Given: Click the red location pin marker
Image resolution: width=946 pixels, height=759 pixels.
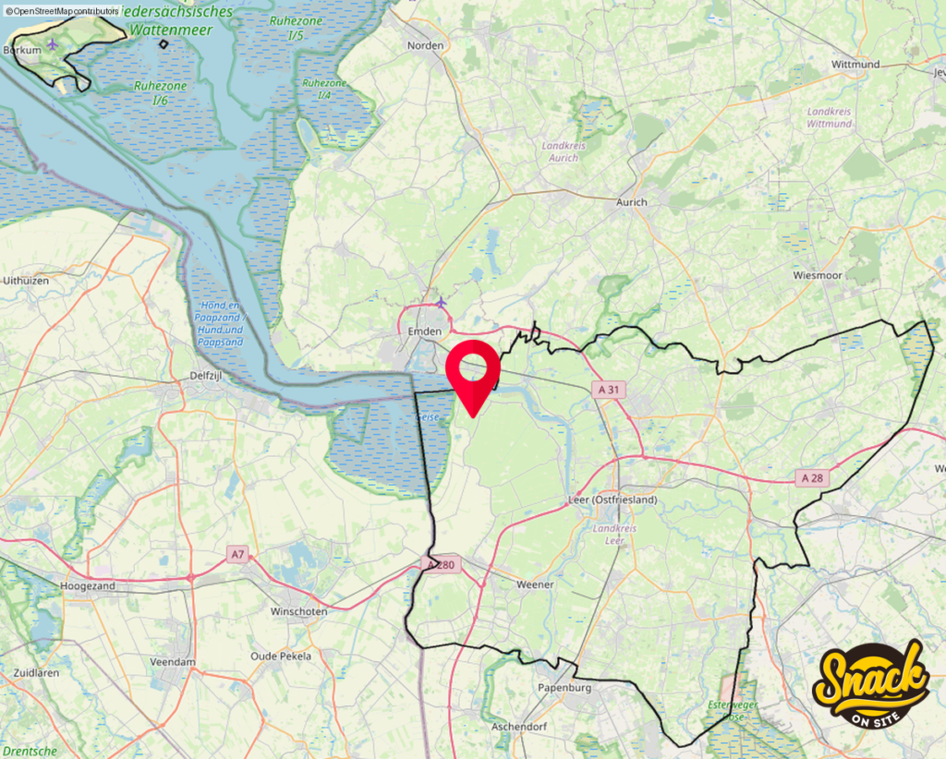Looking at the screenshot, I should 472,369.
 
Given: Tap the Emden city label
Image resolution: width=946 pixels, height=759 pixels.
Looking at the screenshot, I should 425,331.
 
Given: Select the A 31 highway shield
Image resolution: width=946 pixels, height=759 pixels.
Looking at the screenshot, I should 608,390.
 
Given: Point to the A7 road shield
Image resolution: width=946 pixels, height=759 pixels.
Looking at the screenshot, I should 238,554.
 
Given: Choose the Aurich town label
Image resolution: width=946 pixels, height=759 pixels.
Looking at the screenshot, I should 632,202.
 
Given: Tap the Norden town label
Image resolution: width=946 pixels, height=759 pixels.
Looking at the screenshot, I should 426,45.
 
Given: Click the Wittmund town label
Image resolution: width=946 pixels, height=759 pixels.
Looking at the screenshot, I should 855,66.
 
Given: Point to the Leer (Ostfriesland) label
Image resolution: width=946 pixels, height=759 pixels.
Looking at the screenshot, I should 612,500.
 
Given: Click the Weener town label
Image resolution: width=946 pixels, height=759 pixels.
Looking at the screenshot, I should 535,584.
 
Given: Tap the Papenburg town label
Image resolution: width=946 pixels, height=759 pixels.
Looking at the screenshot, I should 564,688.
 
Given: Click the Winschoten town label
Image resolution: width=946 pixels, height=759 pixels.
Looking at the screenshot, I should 298,612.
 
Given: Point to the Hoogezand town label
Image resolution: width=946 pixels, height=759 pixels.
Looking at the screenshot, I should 86,586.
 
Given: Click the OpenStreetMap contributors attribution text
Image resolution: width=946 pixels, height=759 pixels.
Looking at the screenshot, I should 62,10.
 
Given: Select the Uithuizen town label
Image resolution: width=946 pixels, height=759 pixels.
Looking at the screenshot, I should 26,280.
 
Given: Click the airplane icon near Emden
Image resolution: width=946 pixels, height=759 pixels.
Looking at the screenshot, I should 441,302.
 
